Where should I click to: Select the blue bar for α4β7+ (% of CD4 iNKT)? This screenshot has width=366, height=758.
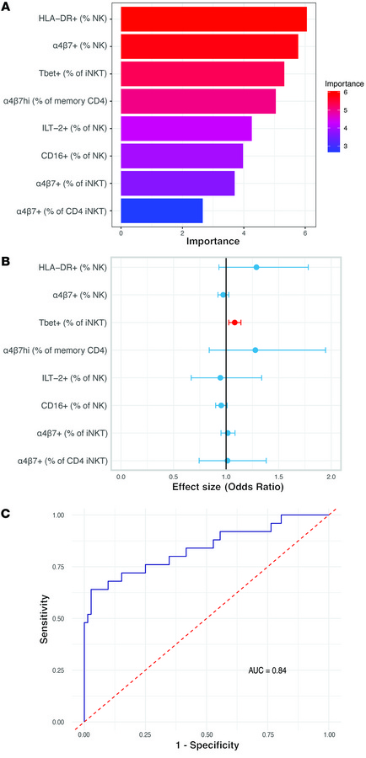pyautogui.click(x=162, y=210)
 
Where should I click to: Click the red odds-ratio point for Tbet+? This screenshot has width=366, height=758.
pyautogui.click(x=234, y=322)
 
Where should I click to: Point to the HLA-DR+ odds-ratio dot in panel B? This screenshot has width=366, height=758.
pyautogui.click(x=256, y=267)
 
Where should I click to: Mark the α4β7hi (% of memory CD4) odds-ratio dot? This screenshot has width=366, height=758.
pyautogui.click(x=255, y=350)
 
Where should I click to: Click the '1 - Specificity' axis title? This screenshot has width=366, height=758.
pyautogui.click(x=209, y=746)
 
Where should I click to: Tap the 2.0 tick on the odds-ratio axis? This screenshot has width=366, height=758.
pyautogui.click(x=331, y=477)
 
